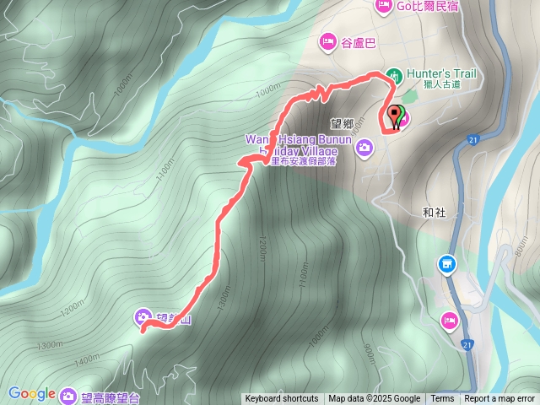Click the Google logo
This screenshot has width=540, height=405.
(x=32, y=393)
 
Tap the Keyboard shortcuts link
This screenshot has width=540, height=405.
(x=282, y=399)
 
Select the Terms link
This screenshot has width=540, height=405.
(x=442, y=399)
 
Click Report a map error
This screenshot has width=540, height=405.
(x=499, y=399)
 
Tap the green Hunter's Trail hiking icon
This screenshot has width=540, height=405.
(x=394, y=74)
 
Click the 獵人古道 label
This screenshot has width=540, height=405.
(x=442, y=84)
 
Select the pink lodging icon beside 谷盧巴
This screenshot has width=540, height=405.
(x=327, y=40)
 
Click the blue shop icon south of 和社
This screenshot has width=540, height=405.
(x=446, y=265)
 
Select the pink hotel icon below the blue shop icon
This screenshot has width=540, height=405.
(x=450, y=320)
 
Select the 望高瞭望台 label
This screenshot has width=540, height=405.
(x=111, y=397)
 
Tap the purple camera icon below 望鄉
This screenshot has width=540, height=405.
(x=364, y=149)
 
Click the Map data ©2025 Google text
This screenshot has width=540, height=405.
(x=375, y=399)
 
